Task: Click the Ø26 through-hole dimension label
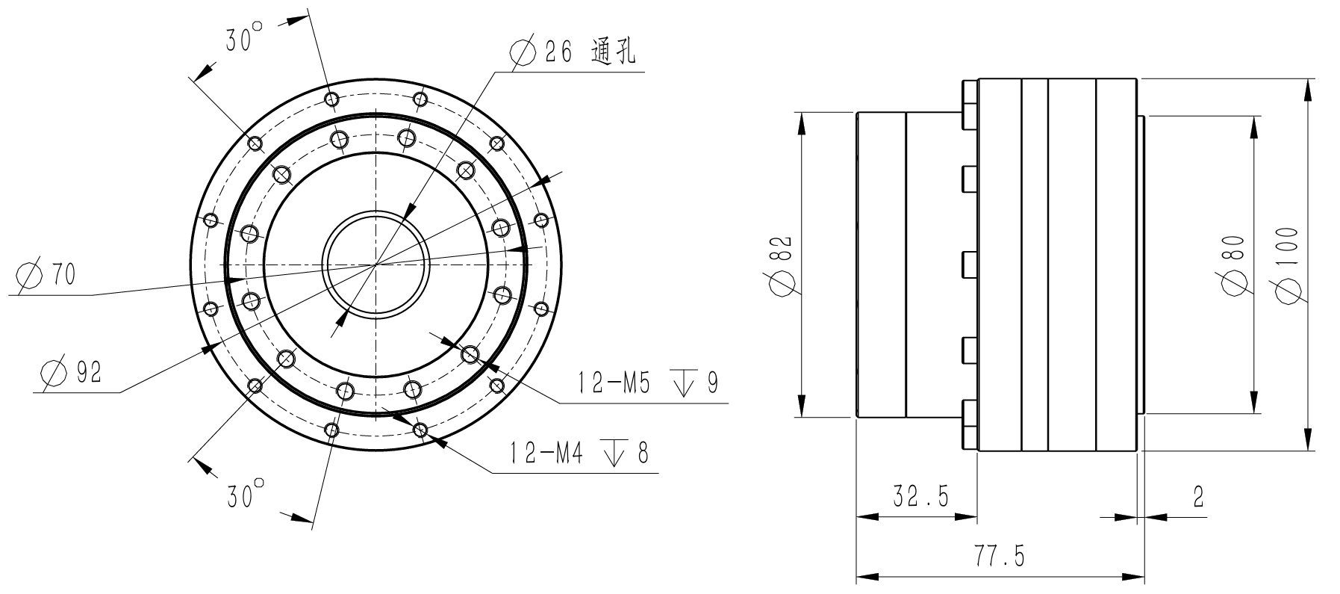pyautogui.click(x=571, y=52)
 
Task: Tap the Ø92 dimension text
pyautogui.click(x=72, y=372)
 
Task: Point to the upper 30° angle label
pyautogui.click(x=245, y=39)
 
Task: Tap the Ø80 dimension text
pyautogui.click(x=1234, y=264)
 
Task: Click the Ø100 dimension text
pyautogui.click(x=1287, y=264)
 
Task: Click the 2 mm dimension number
pyautogui.click(x=1198, y=497)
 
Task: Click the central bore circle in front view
pyautogui.click(x=376, y=264)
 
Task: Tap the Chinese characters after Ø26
pyautogui.click(x=612, y=52)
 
